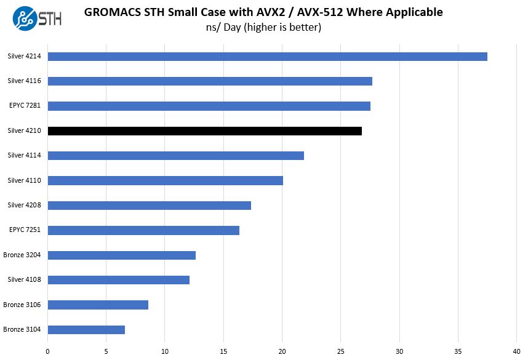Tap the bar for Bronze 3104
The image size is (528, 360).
point(86,330)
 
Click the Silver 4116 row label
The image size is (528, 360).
point(24,81)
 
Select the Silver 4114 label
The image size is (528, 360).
point(24,155)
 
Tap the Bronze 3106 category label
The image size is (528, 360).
point(22,305)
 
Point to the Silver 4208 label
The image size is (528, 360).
point(24,205)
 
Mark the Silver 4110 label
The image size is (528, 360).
point(24,180)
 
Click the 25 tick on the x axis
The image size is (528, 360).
point(341,351)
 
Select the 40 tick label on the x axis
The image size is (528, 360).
point(517,351)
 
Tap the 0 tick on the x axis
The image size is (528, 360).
point(47,351)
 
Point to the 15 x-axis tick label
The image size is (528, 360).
point(223,351)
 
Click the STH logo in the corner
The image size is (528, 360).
point(36,18)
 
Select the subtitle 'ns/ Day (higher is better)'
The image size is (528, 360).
point(263,27)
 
